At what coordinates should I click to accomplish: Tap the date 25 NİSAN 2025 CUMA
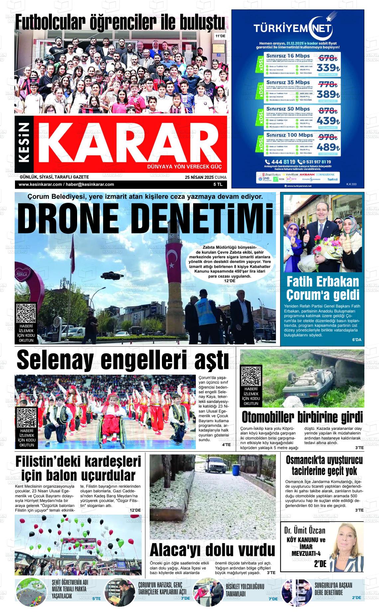pos(205,177)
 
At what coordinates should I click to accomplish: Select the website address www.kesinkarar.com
pos(40,184)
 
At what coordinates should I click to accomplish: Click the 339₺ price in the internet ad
pos(327,67)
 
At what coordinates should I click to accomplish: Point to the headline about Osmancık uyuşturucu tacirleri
pos(324,465)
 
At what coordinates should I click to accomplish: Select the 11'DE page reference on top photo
pos(220,36)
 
